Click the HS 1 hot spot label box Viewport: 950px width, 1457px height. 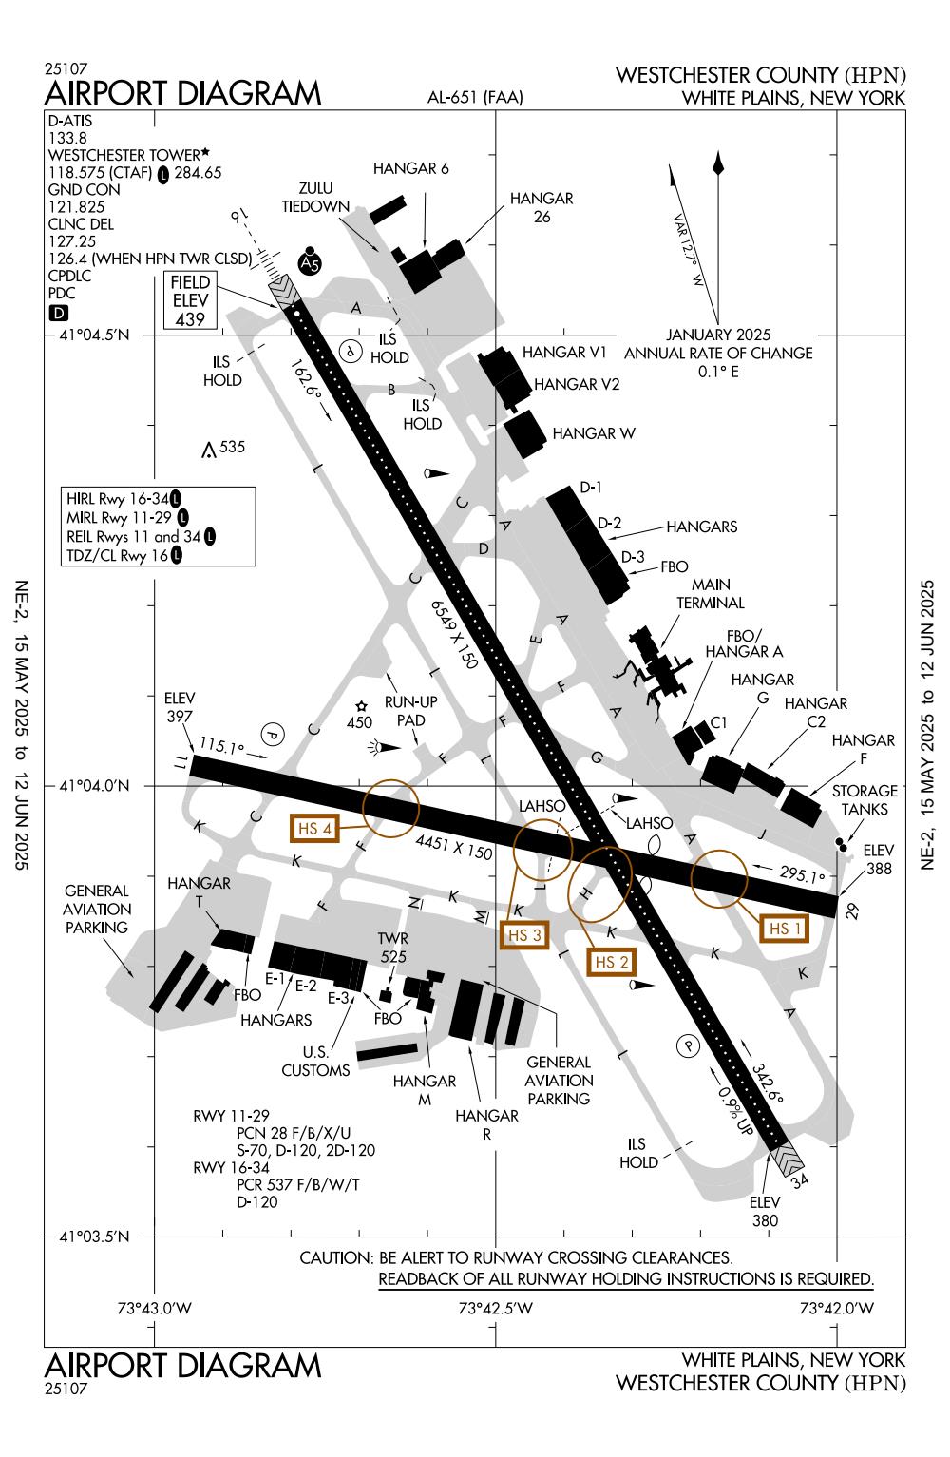(785, 928)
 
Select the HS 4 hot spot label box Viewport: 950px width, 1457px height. (314, 828)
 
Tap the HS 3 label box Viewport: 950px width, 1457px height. (524, 935)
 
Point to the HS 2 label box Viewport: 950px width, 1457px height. (611, 961)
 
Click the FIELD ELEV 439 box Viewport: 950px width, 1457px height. (190, 300)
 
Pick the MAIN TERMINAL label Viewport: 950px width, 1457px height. (710, 594)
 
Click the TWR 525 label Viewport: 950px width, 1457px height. (392, 948)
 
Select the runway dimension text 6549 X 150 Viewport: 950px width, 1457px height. (453, 636)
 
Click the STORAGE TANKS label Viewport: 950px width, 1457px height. (864, 799)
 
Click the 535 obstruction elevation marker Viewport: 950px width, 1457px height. (224, 447)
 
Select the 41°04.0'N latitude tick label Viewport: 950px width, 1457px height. (92, 786)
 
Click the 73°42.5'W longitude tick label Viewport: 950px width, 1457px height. (495, 1308)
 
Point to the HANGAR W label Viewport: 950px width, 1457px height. (594, 433)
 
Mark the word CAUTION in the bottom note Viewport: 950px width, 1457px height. (333, 1257)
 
